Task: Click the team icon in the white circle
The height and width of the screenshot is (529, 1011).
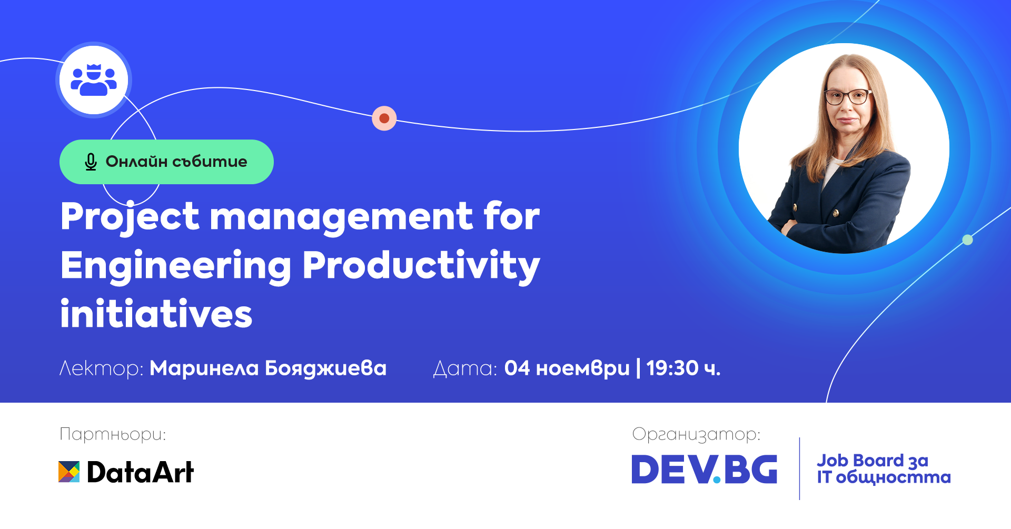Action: point(94,81)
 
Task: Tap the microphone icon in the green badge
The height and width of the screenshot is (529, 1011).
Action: point(91,162)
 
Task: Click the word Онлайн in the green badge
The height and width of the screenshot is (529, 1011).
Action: point(136,162)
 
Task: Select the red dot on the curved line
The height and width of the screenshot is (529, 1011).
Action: point(384,118)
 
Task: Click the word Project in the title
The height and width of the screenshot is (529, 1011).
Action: point(130,217)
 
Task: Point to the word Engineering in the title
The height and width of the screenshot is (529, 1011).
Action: point(175,266)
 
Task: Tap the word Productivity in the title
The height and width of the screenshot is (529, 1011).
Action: point(421,266)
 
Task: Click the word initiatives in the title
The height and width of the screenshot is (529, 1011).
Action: point(156,314)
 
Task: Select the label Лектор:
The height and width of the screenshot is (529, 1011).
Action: point(101,368)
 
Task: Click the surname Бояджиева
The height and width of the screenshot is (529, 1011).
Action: point(325,368)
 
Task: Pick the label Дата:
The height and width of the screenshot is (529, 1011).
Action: point(464,368)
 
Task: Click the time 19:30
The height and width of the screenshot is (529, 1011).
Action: point(672,368)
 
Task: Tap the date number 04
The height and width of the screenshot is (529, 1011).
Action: point(517,368)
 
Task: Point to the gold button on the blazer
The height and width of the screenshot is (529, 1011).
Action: point(835,213)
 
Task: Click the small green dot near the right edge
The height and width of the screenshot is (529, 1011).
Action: point(967,240)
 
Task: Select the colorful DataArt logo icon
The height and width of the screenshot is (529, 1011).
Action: point(69,472)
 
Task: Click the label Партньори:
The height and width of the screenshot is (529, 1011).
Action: point(113,434)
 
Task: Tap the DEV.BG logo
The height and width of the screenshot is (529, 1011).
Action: point(704,470)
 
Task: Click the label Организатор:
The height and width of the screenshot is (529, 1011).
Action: point(696,434)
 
